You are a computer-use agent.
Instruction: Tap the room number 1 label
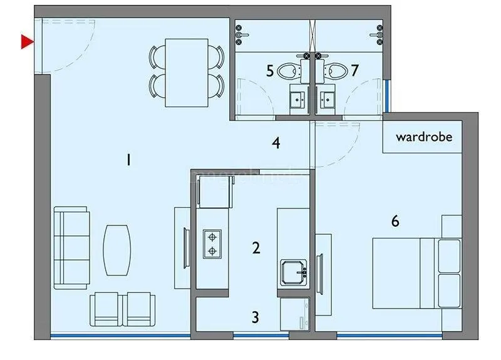[x=128, y=160]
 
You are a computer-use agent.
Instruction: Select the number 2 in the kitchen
[x=256, y=248]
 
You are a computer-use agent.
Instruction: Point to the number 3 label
[x=255, y=317]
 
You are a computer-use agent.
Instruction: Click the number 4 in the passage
[x=276, y=143]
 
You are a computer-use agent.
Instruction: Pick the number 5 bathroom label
[x=270, y=70]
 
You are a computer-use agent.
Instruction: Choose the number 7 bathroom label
[x=354, y=70]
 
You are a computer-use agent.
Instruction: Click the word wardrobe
[x=424, y=136]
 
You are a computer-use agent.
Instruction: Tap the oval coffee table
[x=117, y=250]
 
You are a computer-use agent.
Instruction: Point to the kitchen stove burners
[x=213, y=244]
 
